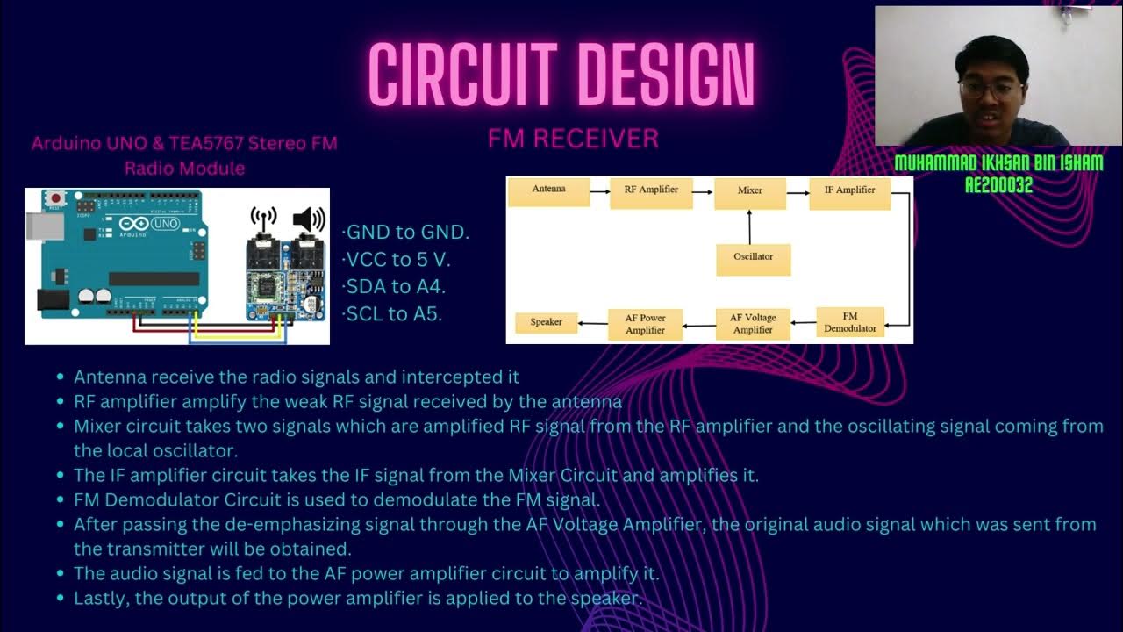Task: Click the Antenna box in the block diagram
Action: point(548,190)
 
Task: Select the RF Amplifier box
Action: point(650,190)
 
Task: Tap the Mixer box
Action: point(749,190)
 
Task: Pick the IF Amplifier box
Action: point(849,190)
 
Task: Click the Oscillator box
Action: point(753,257)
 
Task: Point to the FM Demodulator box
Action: point(849,322)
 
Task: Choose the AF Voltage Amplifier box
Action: point(753,323)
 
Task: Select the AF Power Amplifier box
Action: point(645,324)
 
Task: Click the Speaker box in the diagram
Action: point(546,322)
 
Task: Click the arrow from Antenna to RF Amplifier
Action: point(599,190)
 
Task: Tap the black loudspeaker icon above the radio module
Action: point(308,219)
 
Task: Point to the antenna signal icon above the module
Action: point(264,219)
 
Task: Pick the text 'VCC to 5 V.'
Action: point(399,260)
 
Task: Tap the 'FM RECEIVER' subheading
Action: point(573,139)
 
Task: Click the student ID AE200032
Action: point(998,185)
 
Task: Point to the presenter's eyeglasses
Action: point(991,90)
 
